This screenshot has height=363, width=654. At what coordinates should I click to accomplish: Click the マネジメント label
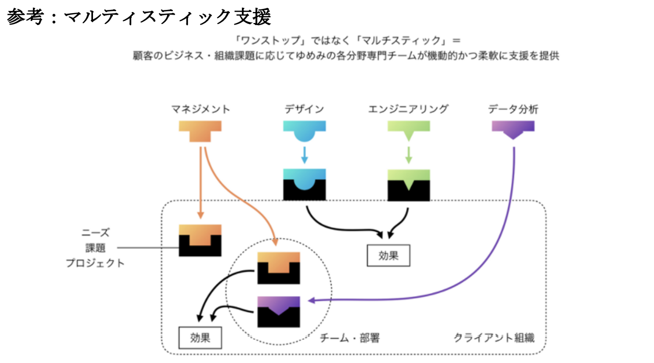200,110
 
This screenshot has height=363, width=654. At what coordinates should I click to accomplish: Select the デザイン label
304,110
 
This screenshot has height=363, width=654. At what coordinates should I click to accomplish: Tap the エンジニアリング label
408,110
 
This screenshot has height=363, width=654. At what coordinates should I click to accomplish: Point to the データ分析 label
513,110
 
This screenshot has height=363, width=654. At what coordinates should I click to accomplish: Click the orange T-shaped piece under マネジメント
200,130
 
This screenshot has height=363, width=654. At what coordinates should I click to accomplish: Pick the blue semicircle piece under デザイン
304,130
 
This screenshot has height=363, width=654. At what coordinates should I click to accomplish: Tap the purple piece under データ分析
513,128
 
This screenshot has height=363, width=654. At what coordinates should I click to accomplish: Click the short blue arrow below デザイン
305,155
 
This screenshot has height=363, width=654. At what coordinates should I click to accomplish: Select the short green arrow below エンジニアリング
408,155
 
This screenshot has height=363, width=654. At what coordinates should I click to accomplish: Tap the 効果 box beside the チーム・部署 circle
200,337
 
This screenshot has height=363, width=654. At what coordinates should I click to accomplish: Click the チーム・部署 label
349,338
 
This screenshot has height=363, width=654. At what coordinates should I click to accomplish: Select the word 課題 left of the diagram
96,248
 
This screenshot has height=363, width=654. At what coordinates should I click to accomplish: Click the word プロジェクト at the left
96,263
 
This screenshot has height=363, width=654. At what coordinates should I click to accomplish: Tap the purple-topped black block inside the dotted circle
278,312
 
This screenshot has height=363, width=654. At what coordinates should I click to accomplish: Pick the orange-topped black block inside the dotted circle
278,268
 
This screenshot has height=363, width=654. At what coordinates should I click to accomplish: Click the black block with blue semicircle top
304,185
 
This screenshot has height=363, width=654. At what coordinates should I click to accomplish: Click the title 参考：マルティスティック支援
139,17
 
